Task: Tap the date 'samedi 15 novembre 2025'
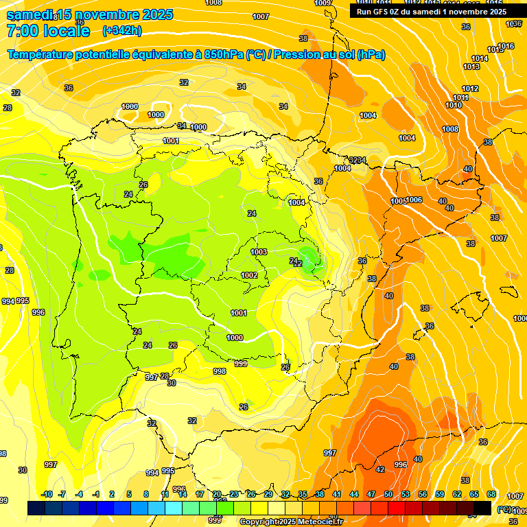[89, 14]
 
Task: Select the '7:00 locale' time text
[48, 31]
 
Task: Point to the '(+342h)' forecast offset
[122, 31]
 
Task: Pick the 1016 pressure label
[506, 46]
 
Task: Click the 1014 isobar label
[480, 58]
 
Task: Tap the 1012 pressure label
[470, 89]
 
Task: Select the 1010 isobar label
[454, 105]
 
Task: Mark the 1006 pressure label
[414, 200]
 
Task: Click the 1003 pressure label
[259, 252]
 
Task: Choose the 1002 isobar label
[249, 275]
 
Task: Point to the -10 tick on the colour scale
[47, 494]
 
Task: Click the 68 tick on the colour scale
[491, 494]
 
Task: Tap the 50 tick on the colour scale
[388, 494]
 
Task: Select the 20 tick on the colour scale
[217, 494]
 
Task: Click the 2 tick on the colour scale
[113, 494]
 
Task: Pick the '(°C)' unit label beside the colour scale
[504, 510]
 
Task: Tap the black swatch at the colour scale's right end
[482, 508]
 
